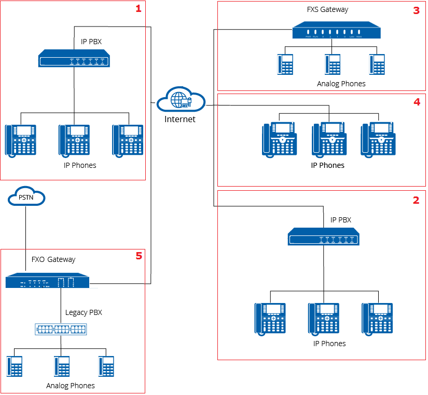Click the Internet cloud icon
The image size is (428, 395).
click(180, 99)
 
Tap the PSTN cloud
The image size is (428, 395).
click(26, 197)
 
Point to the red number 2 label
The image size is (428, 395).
click(416, 200)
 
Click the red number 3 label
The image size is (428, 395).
click(416, 10)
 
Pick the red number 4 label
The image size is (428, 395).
click(416, 102)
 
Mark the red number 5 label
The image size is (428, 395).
click(138, 255)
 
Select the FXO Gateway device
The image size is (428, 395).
click(47, 281)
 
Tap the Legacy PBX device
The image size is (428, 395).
click(61, 329)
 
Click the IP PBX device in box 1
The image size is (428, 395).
click(74, 58)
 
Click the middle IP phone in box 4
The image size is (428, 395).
click(328, 139)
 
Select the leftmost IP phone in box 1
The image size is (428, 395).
click(21, 140)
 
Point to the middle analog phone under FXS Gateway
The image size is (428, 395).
click(332, 65)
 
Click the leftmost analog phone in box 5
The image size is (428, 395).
click(15, 366)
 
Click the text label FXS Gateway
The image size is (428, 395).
click(327, 9)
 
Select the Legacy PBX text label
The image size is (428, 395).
click(84, 312)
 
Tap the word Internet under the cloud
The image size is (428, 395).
click(180, 119)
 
